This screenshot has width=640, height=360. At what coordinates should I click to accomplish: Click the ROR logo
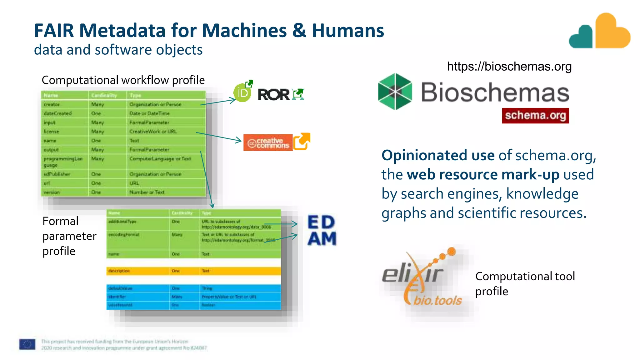pyautogui.click(x=273, y=94)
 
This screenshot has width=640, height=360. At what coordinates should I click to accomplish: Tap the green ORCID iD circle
pyautogui.click(x=242, y=93)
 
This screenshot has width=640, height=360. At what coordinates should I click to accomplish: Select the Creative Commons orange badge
pyautogui.click(x=268, y=143)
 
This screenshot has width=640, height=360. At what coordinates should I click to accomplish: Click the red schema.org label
pyautogui.click(x=535, y=115)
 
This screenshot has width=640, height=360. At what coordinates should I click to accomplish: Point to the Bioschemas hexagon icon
pyautogui.click(x=395, y=92)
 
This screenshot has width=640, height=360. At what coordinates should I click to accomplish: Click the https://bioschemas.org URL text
pyautogui.click(x=509, y=67)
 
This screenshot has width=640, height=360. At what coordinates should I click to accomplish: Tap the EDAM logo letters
pyautogui.click(x=322, y=230)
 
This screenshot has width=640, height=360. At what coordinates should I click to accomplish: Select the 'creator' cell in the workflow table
pyautogui.click(x=52, y=104)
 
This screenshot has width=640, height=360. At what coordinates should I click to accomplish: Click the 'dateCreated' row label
pyautogui.click(x=58, y=113)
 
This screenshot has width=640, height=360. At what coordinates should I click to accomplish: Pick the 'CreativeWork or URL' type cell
pyautogui.click(x=153, y=132)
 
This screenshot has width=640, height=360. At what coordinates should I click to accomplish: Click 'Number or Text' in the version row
pyautogui.click(x=147, y=192)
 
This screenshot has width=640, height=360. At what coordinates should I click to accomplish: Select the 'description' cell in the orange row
pyautogui.click(x=119, y=271)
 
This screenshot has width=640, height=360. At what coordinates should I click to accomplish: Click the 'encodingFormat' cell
pyautogui.click(x=124, y=235)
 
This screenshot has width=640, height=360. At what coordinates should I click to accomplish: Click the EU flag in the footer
pyautogui.click(x=27, y=344)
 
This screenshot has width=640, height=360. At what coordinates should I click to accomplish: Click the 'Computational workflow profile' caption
pyautogui.click(x=123, y=80)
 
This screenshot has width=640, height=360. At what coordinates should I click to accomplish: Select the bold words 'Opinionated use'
pyautogui.click(x=438, y=155)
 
